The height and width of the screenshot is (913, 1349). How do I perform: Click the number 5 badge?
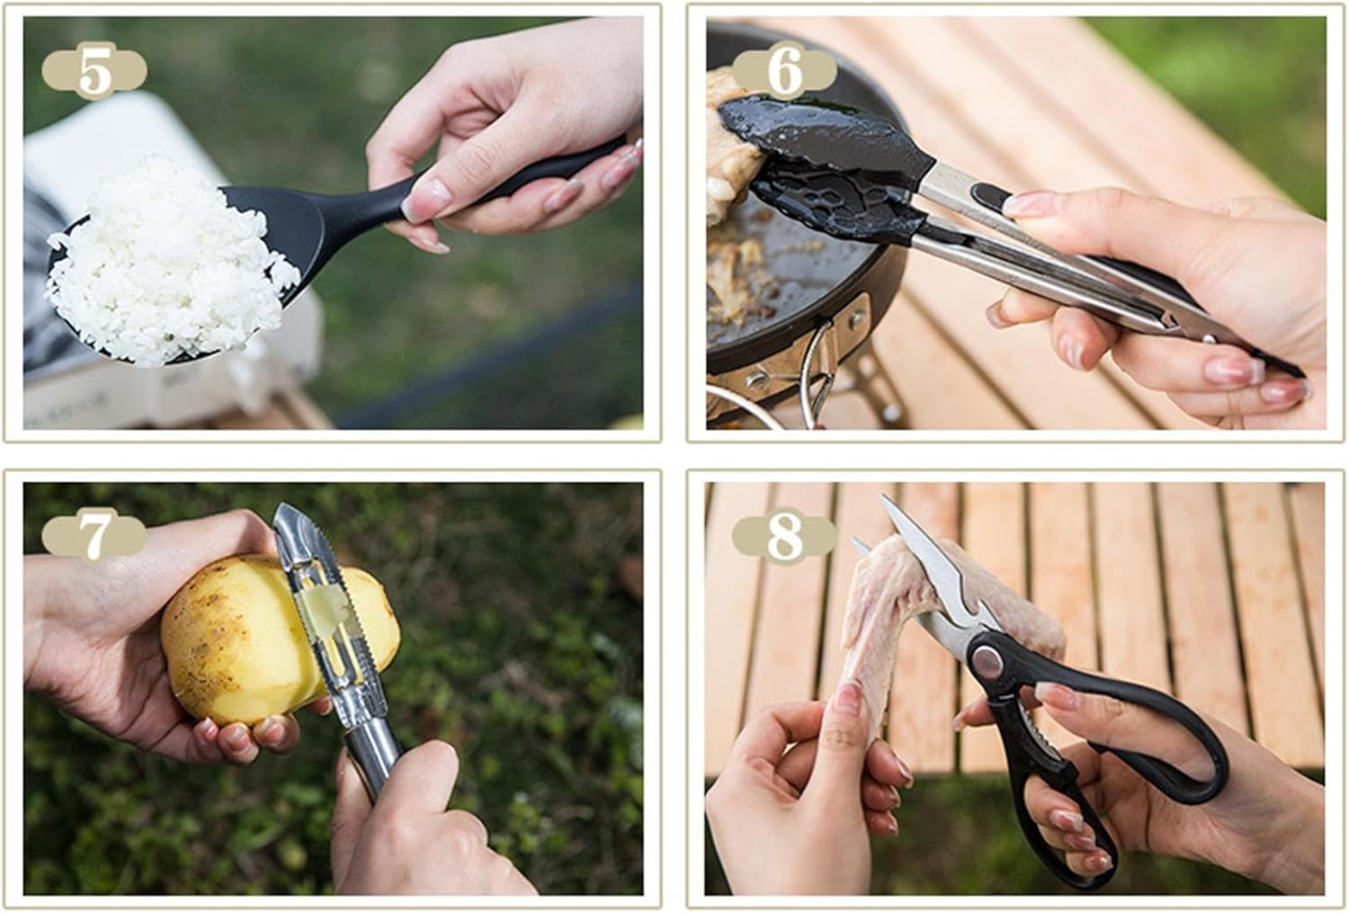[94, 71]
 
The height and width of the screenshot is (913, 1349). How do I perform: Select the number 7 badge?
[94, 537]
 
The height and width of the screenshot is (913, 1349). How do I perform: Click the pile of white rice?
[171, 256]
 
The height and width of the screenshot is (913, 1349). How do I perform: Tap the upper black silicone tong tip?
[827, 130]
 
